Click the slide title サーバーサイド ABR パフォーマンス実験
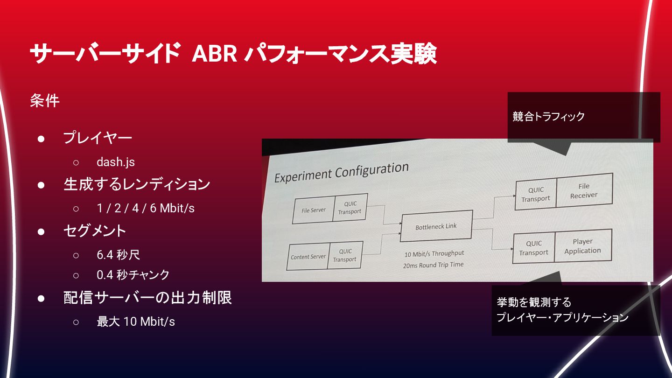pyautogui.click(x=232, y=55)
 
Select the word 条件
pyautogui.click(x=45, y=101)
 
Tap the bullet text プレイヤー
pyautogui.click(x=98, y=138)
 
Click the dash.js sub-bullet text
pyautogui.click(x=116, y=162)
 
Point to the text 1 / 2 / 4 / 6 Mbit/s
pyautogui.click(x=146, y=208)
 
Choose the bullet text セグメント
pyautogui.click(x=95, y=231)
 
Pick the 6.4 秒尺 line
pyautogui.click(x=118, y=255)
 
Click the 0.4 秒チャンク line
pyautogui.click(x=133, y=275)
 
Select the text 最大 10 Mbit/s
pyautogui.click(x=136, y=322)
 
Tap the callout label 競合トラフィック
pyautogui.click(x=549, y=117)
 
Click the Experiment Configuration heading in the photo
pyautogui.click(x=341, y=172)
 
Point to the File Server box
pyautogui.click(x=313, y=210)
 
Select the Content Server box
pyautogui.click(x=308, y=257)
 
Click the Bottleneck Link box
pyautogui.click(x=436, y=227)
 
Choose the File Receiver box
pyautogui.click(x=584, y=190)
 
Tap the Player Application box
pyautogui.click(x=583, y=246)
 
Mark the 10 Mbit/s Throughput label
pyautogui.click(x=434, y=253)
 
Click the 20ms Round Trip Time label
pyautogui.click(x=434, y=265)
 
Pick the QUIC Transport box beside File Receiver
pyautogui.click(x=536, y=194)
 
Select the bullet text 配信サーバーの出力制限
pyautogui.click(x=147, y=298)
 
